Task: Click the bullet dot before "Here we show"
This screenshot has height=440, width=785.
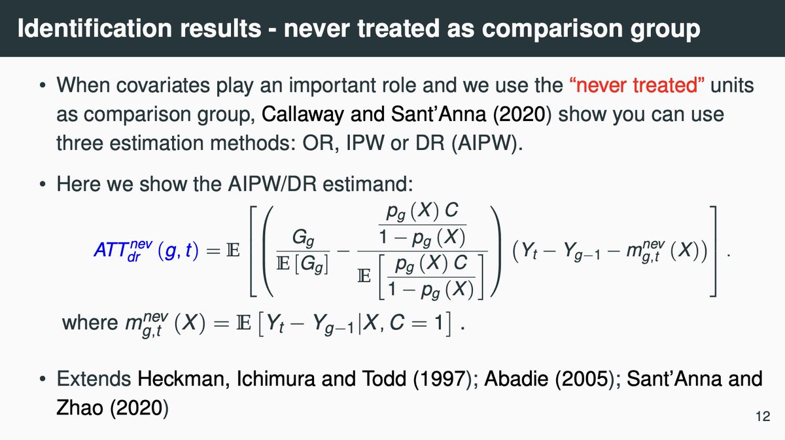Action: tap(43, 185)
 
